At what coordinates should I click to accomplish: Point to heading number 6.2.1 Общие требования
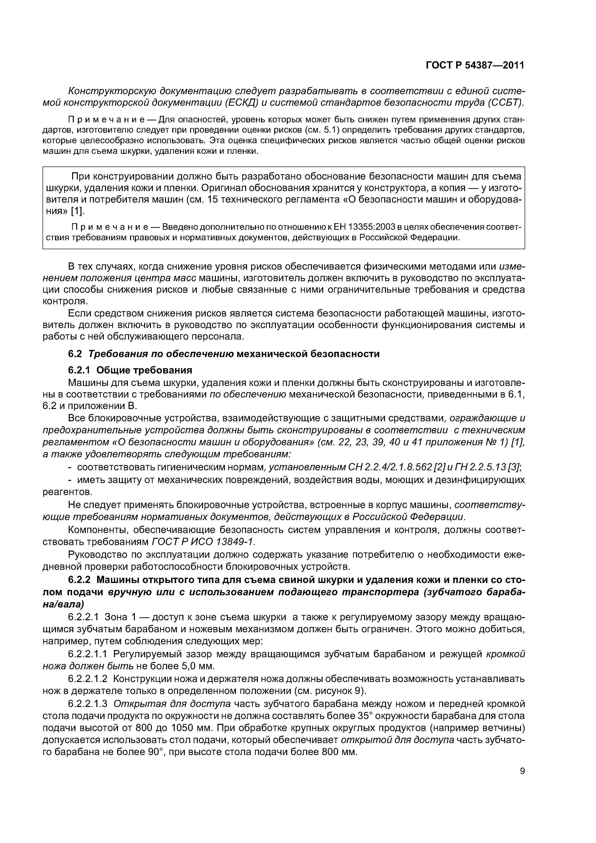pos(80,370)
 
